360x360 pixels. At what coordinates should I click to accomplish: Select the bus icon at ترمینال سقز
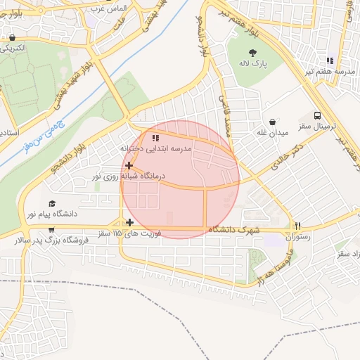317,115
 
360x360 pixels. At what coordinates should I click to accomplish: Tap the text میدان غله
272,133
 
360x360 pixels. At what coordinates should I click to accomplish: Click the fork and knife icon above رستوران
298,226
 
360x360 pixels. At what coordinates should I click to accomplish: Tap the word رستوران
298,238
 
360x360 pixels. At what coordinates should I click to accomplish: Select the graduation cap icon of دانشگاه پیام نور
52,202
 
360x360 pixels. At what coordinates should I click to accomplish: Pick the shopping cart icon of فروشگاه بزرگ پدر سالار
51,229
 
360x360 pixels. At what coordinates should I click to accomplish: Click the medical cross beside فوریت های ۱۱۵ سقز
129,223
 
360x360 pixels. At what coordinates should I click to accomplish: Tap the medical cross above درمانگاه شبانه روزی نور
129,165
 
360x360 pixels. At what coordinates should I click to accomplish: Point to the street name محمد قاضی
227,116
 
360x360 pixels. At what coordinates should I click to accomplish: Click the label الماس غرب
111,8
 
